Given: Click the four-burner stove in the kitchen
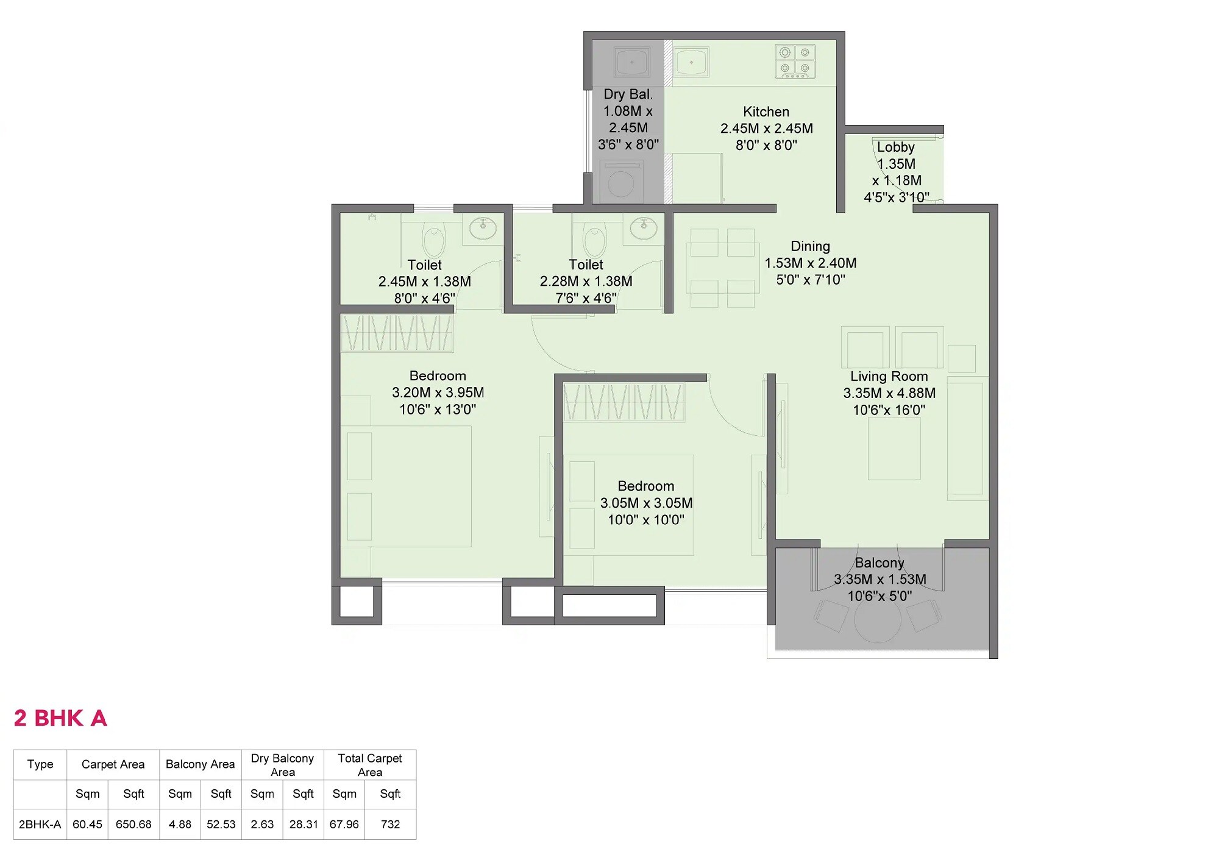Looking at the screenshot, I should coord(795,61).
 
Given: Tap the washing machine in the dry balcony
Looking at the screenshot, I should coord(621,182).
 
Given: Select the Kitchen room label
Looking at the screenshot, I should coord(766,112).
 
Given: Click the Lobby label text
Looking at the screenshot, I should coord(895,147).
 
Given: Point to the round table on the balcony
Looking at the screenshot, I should coord(877,620).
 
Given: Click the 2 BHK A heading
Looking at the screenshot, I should coord(60,718).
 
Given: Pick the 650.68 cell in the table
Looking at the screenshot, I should coord(133,824).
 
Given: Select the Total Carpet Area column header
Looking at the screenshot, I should coord(369,765).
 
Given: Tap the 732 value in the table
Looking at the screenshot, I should coord(390,824).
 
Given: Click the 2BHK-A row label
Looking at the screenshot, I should coord(40,824).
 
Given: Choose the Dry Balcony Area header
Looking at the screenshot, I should coord(282,765).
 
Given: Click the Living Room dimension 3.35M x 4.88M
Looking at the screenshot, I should coord(889,393).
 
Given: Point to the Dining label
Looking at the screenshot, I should coord(810,246).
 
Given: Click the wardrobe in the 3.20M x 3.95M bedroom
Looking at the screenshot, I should coord(397,333).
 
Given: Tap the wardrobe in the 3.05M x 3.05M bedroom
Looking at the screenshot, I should coord(624,402).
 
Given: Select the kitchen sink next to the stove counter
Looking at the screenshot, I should coord(691,62).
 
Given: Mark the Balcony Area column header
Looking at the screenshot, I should coord(200,764).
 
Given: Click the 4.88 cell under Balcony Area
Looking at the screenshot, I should coord(180,824).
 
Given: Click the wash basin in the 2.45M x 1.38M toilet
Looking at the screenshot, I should coord(483,229).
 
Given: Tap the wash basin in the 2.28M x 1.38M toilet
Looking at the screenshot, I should coord(643,229).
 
